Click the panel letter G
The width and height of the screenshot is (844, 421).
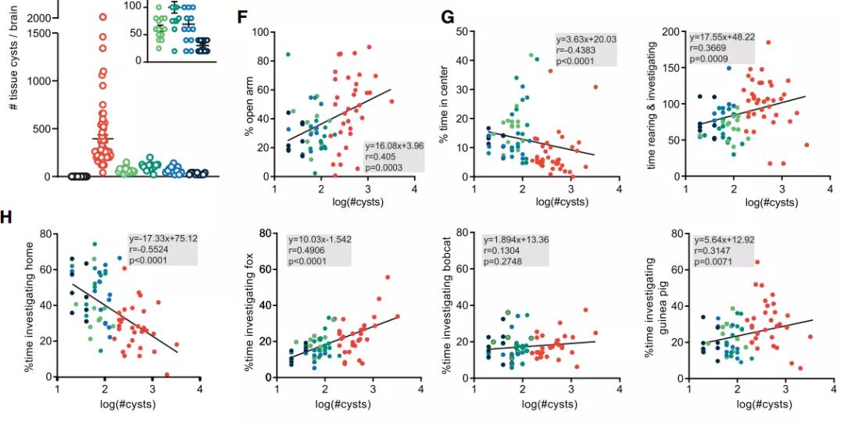[x=448, y=16]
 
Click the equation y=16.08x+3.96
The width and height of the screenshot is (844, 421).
[x=394, y=144]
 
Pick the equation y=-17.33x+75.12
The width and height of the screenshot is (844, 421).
[x=159, y=238]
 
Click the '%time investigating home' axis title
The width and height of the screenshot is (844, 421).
[x=37, y=305]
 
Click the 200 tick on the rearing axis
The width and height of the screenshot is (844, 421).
[x=671, y=32]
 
